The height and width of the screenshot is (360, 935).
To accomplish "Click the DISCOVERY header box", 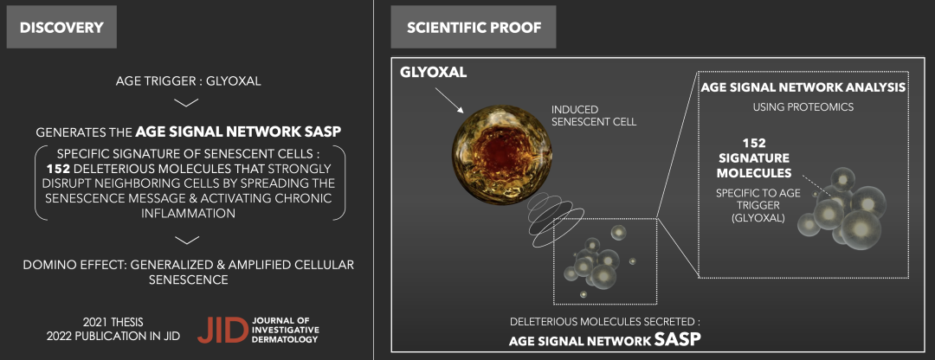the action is point(61,28).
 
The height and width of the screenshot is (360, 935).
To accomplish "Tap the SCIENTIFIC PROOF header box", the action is point(474,28).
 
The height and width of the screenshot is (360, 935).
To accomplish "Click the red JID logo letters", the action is point(222,330).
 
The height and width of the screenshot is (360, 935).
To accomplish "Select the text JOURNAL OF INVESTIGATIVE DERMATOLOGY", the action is point(286,330).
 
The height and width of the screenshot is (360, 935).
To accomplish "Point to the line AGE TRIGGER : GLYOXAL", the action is point(189,80).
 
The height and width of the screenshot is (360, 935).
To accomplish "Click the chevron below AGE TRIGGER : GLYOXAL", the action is point(187,102).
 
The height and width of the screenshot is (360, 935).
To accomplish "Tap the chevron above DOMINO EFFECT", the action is point(187,240).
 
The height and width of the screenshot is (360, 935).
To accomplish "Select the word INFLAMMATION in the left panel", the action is point(189,213).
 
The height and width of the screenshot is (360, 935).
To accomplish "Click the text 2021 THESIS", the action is point(113,323).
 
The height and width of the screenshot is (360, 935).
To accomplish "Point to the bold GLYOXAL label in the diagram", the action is point(434,73).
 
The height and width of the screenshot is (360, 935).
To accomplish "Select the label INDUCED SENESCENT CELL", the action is point(594,116).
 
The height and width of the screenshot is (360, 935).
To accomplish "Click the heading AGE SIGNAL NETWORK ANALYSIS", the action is point(803,87).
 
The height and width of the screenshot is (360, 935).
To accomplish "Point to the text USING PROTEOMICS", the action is point(803,107).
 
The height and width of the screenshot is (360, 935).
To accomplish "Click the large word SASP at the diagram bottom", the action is point(678,340).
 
